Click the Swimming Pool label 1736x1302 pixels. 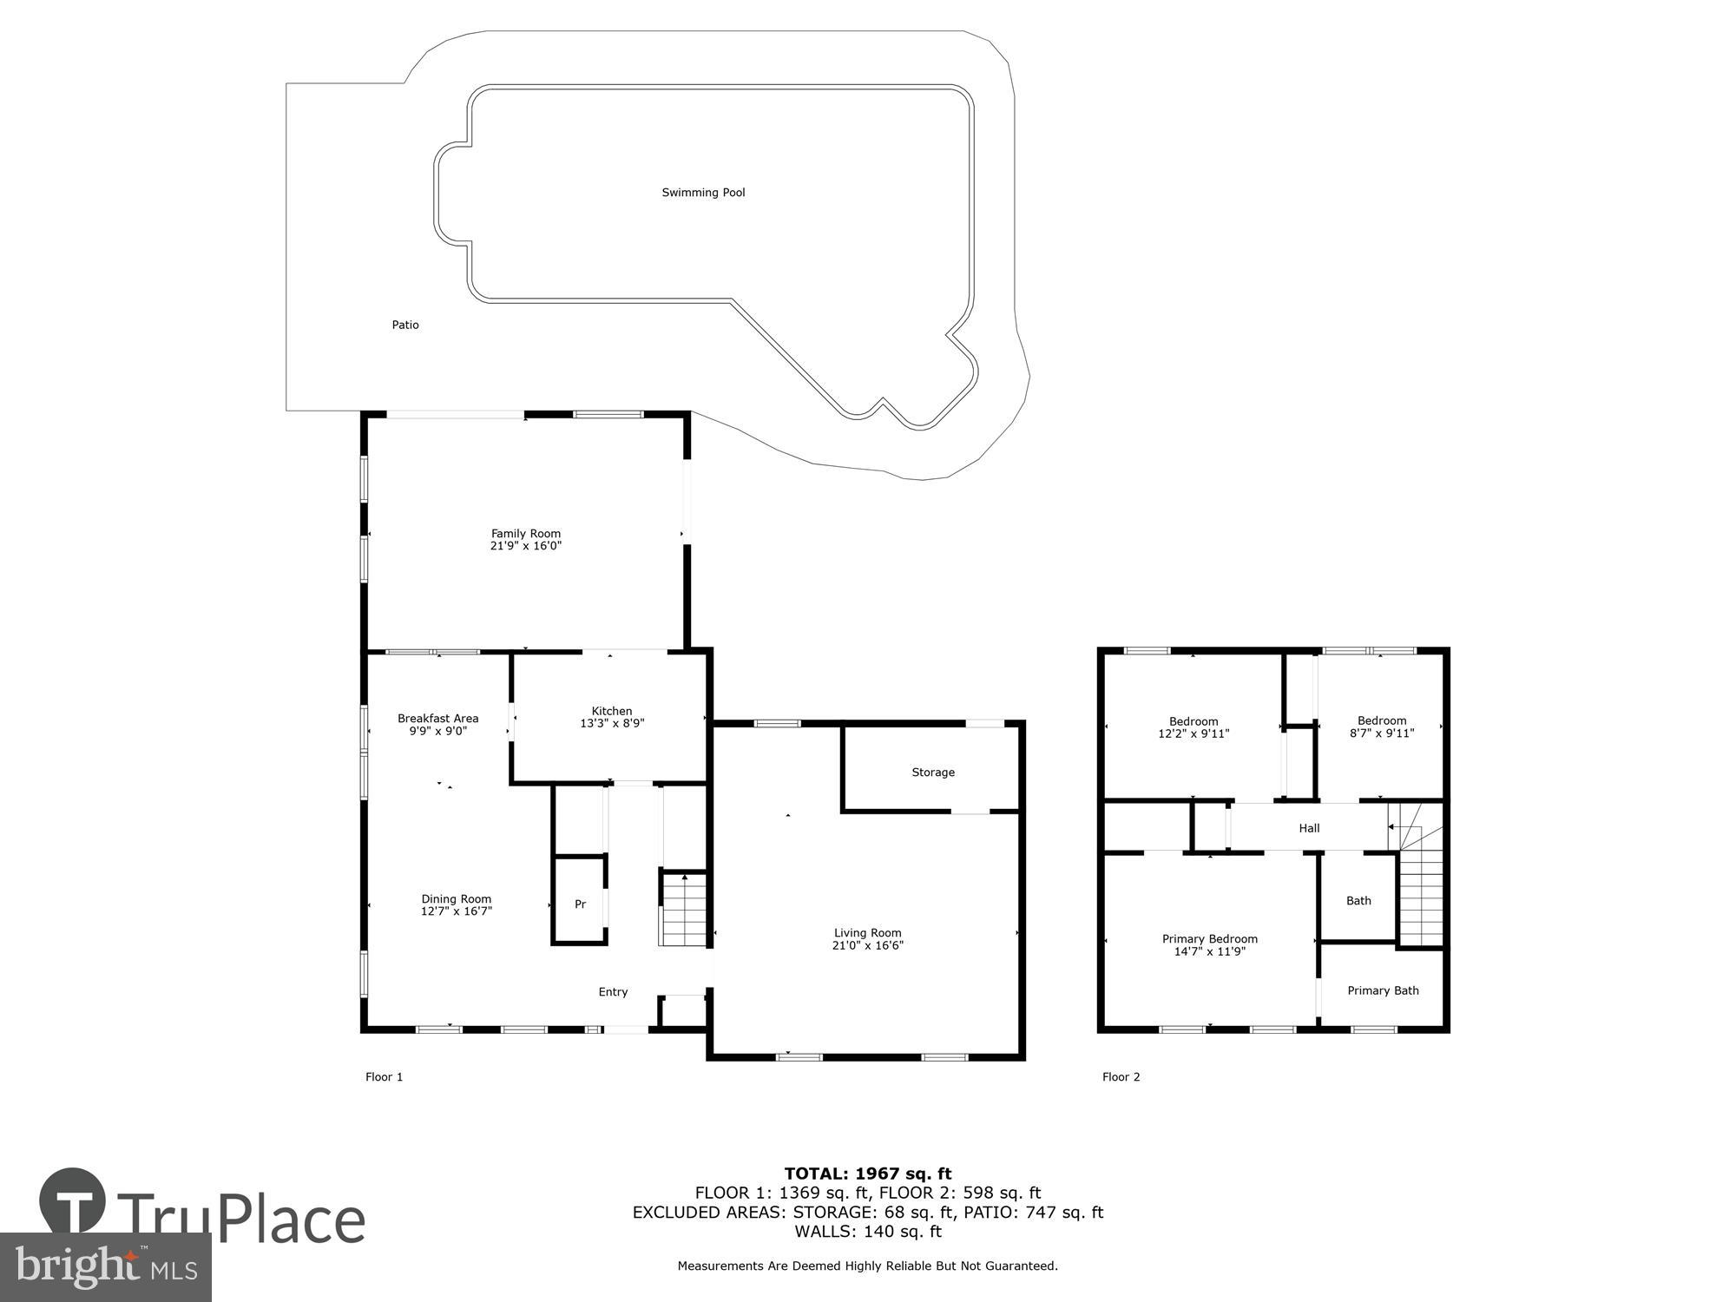click(703, 193)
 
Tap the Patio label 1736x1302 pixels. click(405, 325)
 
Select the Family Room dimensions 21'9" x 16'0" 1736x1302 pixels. click(526, 546)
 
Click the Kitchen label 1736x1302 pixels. click(612, 711)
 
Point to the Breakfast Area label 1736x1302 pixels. click(437, 718)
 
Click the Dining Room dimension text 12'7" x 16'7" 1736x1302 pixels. click(457, 911)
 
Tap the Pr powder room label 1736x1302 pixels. click(580, 904)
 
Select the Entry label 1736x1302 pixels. click(613, 992)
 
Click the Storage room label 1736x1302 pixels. click(933, 773)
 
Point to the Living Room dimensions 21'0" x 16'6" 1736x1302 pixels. click(867, 945)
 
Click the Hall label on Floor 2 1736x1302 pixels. click(1309, 828)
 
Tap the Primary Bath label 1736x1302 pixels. click(1383, 990)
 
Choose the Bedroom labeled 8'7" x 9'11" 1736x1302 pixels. click(1382, 727)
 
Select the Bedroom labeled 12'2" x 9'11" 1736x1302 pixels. click(1193, 727)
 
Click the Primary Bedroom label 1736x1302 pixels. click(1209, 939)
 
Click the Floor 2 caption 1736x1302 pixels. click(1121, 1077)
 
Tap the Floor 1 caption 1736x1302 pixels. click(384, 1077)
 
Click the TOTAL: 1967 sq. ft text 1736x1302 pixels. click(868, 1174)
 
